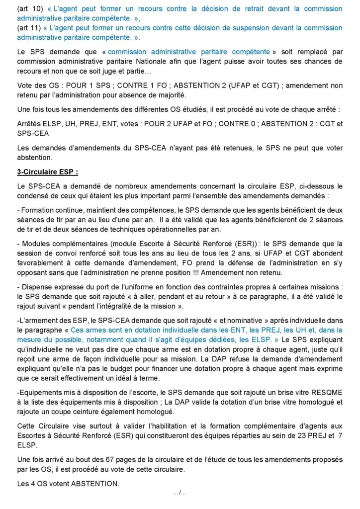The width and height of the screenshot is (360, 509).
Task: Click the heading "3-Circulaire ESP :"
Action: (48, 172)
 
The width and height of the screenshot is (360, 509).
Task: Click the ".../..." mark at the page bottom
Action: (180, 493)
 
